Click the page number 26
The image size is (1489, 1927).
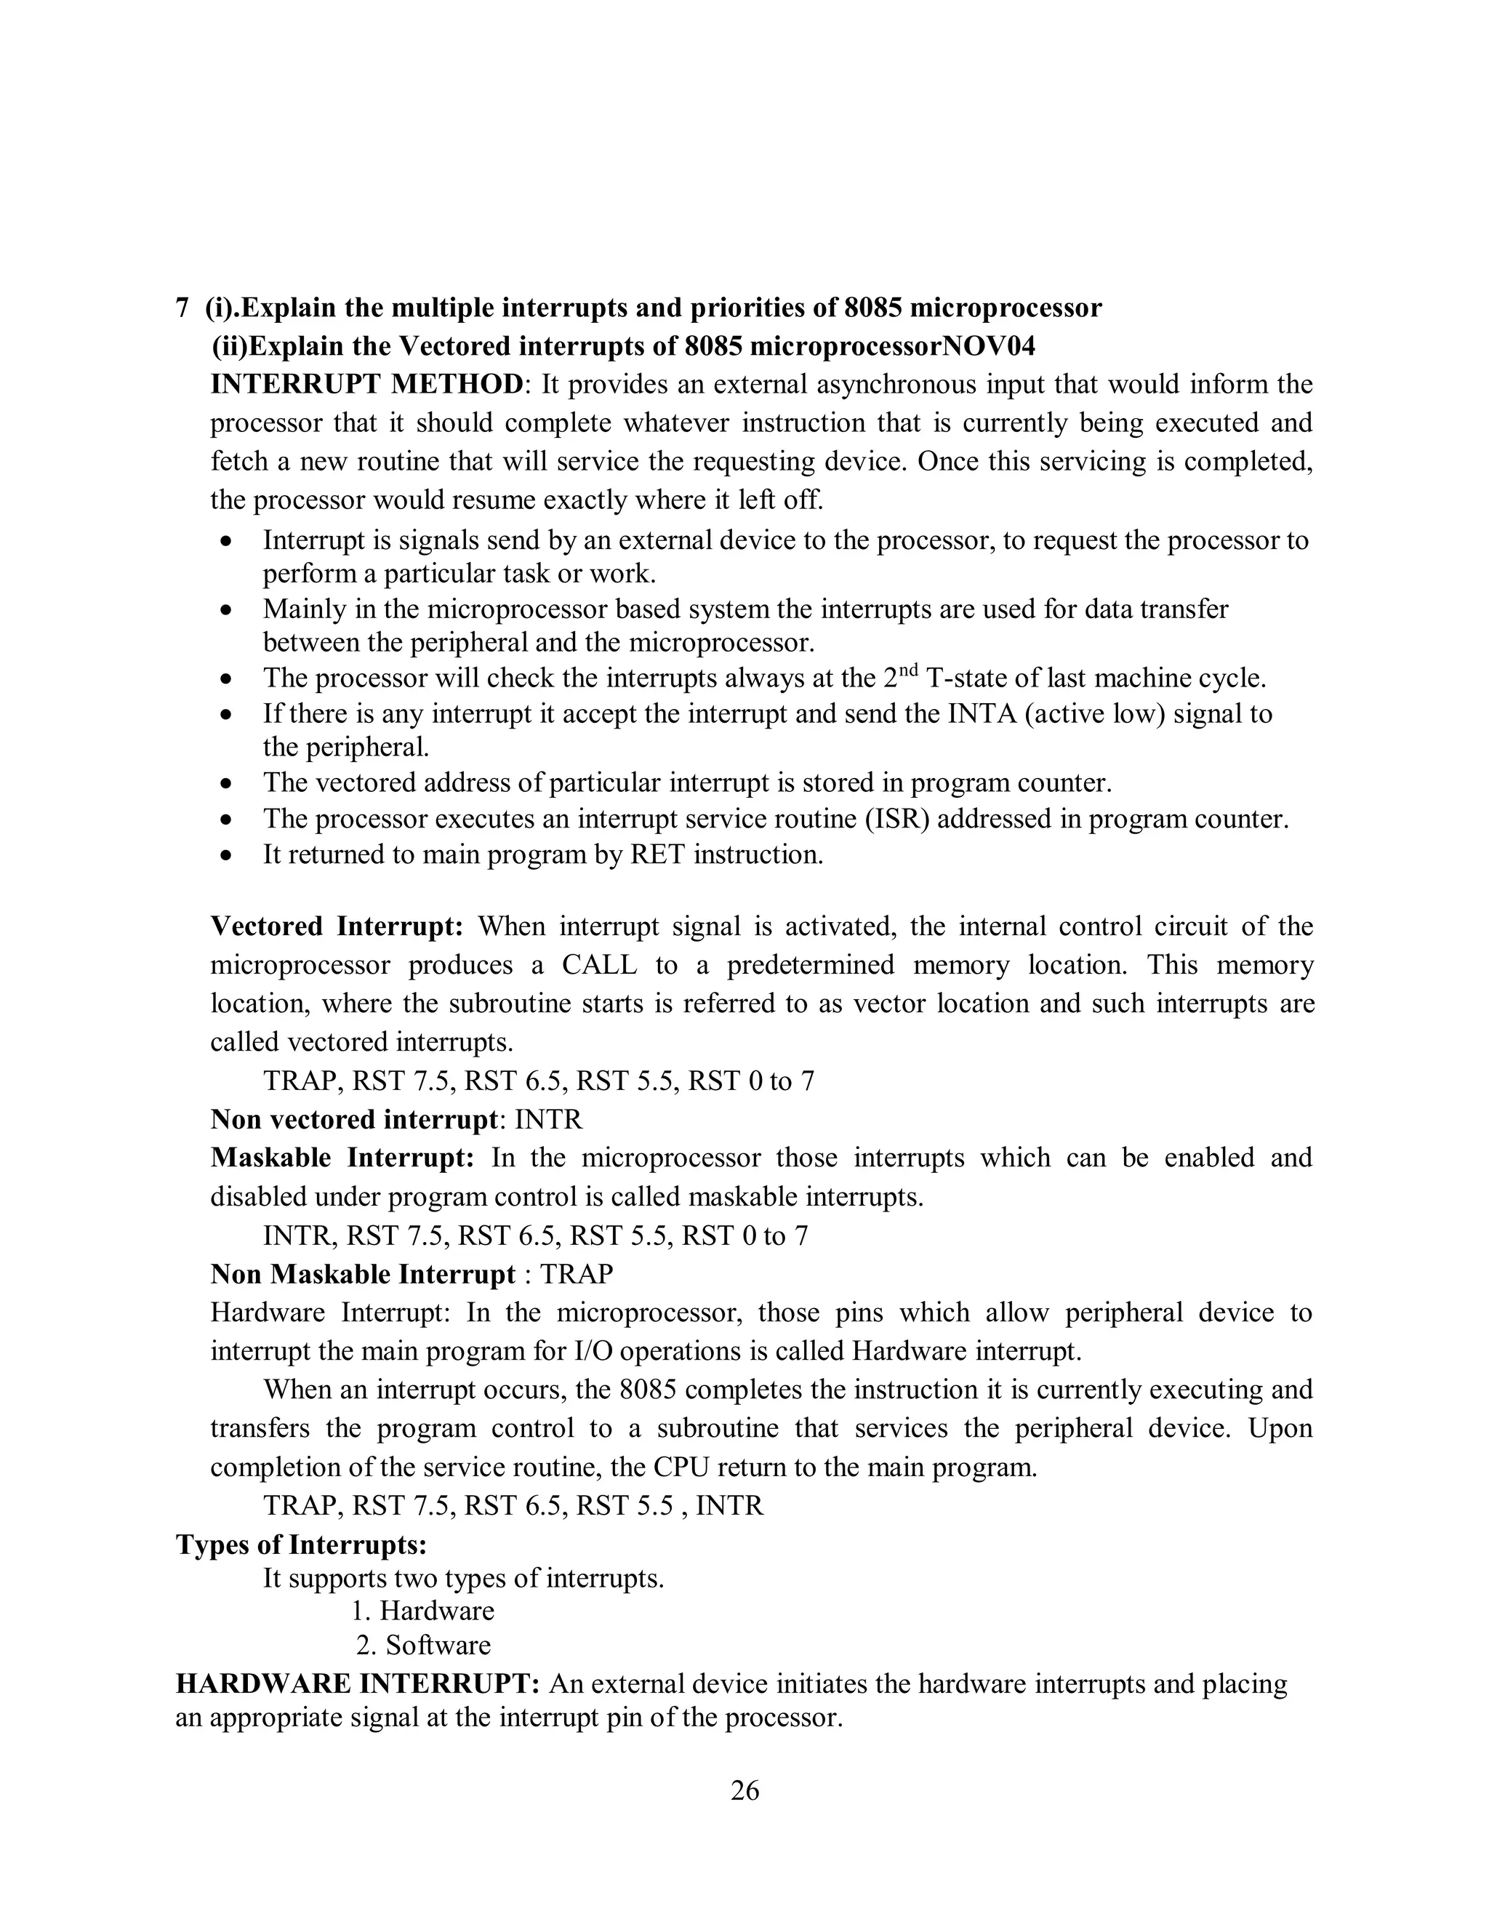(744, 1790)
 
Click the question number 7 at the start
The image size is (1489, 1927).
(182, 308)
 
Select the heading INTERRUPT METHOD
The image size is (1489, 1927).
(367, 385)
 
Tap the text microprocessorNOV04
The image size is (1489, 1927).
(892, 346)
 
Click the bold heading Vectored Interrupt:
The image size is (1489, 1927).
(337, 926)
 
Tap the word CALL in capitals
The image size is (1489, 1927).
(599, 964)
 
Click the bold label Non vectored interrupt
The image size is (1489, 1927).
(354, 1120)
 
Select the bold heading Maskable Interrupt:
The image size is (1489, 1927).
(342, 1158)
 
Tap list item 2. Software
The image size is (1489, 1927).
(423, 1645)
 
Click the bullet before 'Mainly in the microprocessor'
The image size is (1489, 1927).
(228, 609)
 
